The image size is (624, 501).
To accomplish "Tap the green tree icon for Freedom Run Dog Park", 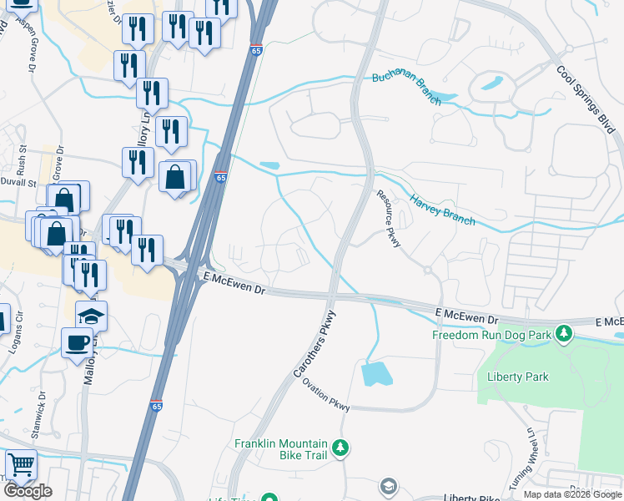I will tap(564, 334).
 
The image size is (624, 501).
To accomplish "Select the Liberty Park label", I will tap(518, 377).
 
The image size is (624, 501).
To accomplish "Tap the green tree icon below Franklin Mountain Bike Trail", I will tap(340, 448).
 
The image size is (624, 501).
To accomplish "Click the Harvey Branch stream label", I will tap(442, 210).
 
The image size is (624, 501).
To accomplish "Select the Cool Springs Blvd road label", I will tap(588, 100).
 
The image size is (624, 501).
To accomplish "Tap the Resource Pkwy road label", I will tap(389, 219).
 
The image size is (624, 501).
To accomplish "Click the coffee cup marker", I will tap(78, 343).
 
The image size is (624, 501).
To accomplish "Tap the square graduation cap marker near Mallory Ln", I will tap(91, 316).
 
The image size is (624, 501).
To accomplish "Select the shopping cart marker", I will tap(20, 464).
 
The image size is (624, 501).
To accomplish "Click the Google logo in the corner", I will tap(28, 491).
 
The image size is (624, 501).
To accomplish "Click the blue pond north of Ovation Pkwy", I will tap(378, 373).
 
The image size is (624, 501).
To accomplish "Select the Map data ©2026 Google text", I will tap(571, 494).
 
